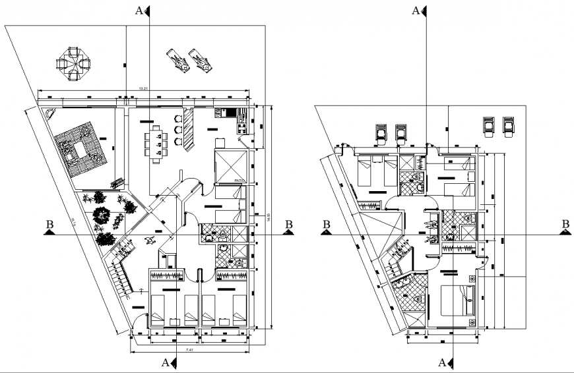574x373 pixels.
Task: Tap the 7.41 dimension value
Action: [190, 349]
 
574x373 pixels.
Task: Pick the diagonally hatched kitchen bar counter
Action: [188, 128]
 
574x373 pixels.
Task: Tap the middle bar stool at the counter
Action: [177, 130]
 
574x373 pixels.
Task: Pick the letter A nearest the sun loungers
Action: [139, 10]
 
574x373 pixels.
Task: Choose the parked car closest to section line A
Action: [400, 132]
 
